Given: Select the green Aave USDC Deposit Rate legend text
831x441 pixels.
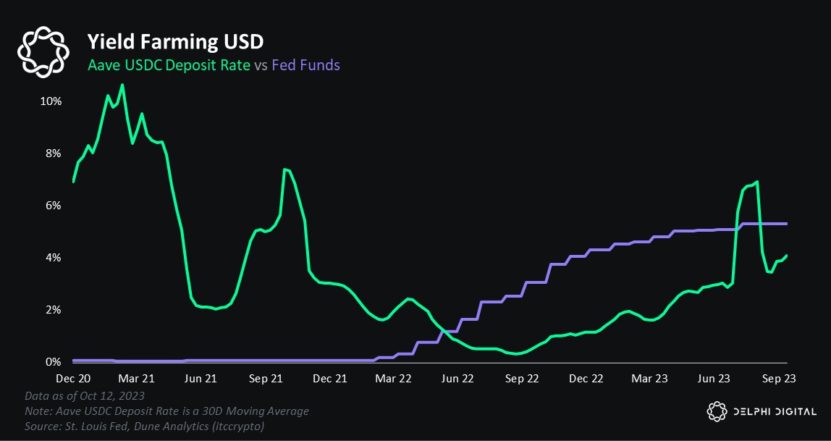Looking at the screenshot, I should coord(169,65).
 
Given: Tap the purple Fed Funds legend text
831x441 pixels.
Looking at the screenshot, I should coord(306,65).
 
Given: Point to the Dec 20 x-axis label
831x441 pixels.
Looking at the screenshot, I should coord(73,378).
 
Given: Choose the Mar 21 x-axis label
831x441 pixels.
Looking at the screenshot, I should coord(138,378).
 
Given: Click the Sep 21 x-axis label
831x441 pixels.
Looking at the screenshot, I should coord(266,378).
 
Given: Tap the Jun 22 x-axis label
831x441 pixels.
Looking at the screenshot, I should coord(457,378).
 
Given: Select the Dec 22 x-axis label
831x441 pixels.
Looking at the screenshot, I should coord(586,378).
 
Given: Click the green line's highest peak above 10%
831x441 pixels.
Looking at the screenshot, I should coord(122,85).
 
